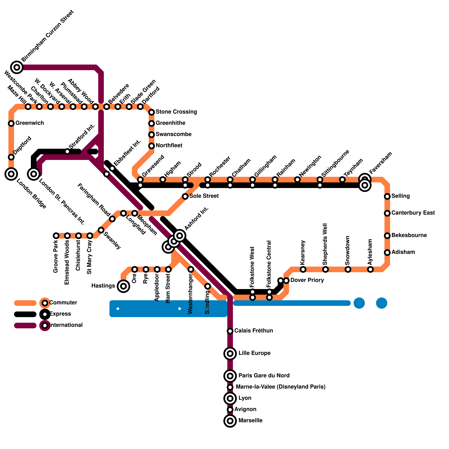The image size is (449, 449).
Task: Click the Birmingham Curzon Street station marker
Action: click(x=17, y=67)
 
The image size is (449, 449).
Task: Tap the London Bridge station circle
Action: click(x=11, y=174)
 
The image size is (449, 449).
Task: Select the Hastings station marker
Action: click(x=123, y=286)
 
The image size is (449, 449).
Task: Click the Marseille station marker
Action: click(x=230, y=421)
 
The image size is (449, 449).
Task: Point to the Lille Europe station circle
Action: click(x=230, y=354)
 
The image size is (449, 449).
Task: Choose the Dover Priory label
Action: click(x=307, y=280)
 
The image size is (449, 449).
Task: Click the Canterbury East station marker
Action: click(x=387, y=213)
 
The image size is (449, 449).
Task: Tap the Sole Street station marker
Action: click(x=185, y=196)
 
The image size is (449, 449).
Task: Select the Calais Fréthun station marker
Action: click(x=230, y=331)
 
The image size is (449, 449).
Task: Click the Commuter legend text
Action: click(x=63, y=303)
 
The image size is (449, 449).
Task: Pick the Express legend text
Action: click(x=60, y=314)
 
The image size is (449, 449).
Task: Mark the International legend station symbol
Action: click(x=45, y=326)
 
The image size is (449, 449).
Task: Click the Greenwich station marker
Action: click(x=11, y=123)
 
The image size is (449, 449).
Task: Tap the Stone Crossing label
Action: click(x=176, y=112)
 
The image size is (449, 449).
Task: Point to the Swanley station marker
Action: click(x=101, y=230)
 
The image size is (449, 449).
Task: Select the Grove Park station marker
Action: click(x=56, y=236)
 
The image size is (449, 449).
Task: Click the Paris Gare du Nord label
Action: click(x=264, y=375)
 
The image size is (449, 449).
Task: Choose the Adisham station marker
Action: click(x=387, y=253)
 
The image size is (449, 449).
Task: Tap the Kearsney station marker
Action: click(x=303, y=269)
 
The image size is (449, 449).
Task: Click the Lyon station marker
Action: click(x=230, y=398)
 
